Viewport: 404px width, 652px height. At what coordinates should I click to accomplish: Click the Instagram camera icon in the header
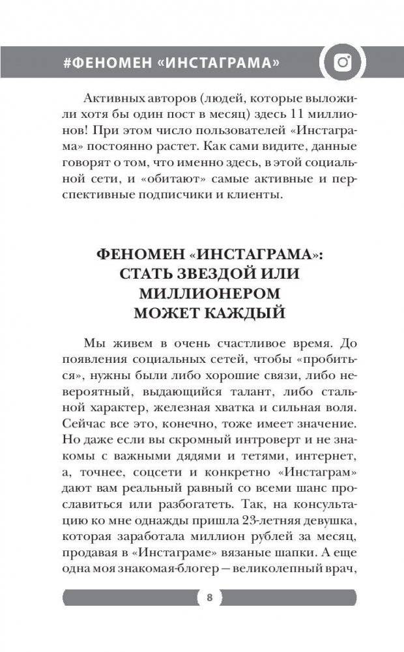click(x=343, y=63)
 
